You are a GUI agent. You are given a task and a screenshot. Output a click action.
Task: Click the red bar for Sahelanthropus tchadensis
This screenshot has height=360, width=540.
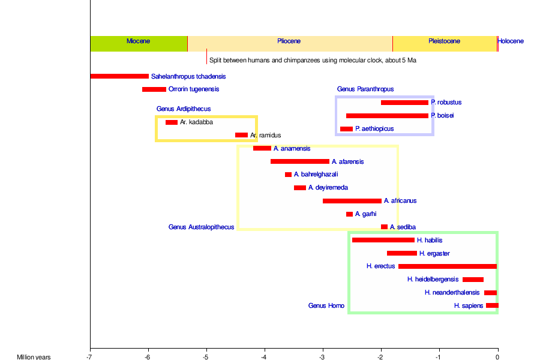pos(119,76)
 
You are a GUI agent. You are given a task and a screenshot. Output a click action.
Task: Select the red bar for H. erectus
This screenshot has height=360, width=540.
pos(448,266)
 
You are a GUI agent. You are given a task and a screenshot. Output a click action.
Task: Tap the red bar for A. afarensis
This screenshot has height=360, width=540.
pos(300,161)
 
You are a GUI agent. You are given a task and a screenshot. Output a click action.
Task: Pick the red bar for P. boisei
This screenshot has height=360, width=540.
pos(387,115)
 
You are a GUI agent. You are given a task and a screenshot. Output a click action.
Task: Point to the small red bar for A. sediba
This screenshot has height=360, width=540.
pos(384,227)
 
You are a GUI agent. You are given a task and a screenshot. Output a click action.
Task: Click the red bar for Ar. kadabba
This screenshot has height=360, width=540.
pos(172,122)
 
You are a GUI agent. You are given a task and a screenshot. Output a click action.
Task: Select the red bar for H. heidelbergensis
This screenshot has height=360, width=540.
pos(473,280)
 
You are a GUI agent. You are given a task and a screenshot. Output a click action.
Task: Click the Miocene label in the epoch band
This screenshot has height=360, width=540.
pos(138,41)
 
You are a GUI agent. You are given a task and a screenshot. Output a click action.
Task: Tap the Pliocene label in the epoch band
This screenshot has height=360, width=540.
pos(289,41)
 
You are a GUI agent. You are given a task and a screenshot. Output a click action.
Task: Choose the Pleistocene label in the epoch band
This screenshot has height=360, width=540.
pos(444,41)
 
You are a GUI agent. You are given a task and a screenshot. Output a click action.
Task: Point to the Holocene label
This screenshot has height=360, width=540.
pos(511,41)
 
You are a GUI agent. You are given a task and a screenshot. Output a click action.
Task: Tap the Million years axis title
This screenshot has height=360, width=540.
pos(34,357)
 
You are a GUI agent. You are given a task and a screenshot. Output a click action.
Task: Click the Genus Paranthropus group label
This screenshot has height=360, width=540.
pos(365,89)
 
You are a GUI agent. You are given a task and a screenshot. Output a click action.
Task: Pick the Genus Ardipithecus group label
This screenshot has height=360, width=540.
pos(184,109)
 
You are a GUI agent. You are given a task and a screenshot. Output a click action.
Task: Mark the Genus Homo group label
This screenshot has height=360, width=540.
pos(326,306)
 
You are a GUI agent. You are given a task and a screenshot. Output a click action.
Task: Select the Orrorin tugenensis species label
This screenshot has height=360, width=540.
pos(194,89)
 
